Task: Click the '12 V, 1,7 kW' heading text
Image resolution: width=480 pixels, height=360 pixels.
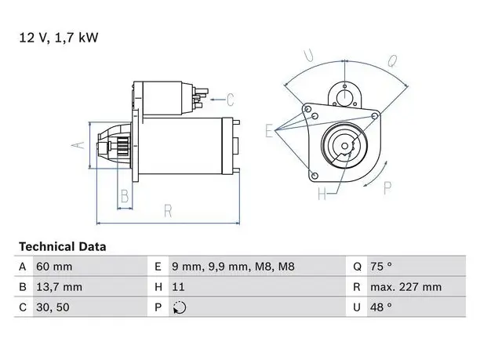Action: (59, 38)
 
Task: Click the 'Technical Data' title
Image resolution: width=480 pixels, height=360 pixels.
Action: (63, 246)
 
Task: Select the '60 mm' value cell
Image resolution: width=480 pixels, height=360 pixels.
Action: (54, 267)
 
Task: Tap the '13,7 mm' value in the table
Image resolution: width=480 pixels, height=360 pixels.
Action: (59, 287)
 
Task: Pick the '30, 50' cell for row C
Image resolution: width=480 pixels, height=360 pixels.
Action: (53, 307)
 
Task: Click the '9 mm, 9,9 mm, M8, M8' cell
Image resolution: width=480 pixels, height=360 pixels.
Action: (233, 267)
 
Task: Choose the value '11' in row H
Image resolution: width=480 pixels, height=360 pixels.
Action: (178, 287)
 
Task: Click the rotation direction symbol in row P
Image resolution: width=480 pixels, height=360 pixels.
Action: (180, 307)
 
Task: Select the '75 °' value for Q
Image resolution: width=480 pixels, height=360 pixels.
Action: (381, 267)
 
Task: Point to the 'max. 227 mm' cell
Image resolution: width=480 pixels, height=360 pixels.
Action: (406, 287)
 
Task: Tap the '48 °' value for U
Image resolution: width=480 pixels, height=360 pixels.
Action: (381, 307)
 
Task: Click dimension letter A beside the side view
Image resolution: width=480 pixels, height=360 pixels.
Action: (78, 145)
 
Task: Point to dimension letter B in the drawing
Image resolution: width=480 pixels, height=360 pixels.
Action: (125, 196)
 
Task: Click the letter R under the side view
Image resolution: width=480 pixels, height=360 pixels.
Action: (168, 211)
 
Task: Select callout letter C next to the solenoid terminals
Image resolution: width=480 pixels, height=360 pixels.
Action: (231, 100)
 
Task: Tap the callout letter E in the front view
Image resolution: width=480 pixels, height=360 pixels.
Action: (269, 131)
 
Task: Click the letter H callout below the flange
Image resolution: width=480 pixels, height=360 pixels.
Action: (322, 194)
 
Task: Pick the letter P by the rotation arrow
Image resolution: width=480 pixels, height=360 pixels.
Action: (387, 188)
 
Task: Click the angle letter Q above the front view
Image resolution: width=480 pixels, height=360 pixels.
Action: (392, 61)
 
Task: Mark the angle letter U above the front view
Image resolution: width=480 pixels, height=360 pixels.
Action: (308, 55)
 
